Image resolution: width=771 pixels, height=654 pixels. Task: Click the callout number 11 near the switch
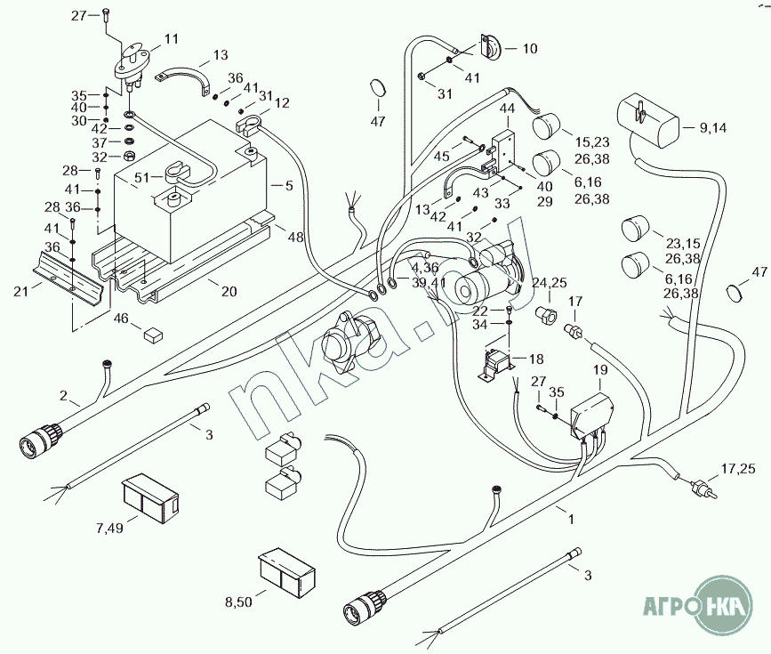[171, 38]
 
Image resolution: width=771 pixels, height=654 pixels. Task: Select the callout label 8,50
[238, 602]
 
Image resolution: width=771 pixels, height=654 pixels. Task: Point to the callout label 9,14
[712, 128]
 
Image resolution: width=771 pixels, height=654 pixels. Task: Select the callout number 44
[507, 109]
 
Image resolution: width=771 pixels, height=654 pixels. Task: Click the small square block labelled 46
[153, 334]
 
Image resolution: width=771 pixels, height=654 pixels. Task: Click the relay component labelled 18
[498, 366]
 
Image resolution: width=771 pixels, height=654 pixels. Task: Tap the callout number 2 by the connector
[64, 394]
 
